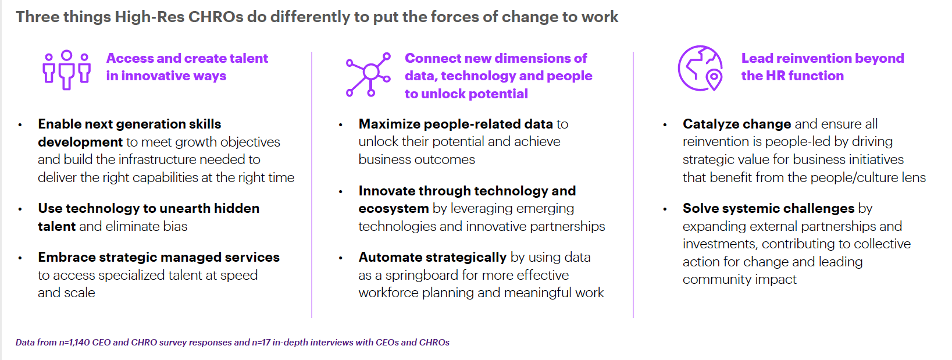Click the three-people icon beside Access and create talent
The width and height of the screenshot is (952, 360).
tap(66, 70)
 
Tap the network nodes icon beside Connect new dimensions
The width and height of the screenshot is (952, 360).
tap(368, 75)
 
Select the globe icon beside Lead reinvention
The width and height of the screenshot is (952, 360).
tap(700, 68)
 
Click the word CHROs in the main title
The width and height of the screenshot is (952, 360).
tap(216, 17)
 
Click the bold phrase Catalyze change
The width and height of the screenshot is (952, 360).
tap(736, 124)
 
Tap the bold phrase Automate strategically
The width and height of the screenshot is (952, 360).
tap(432, 257)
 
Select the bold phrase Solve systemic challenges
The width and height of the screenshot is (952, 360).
tap(768, 208)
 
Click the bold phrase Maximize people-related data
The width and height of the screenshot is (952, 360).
tap(455, 124)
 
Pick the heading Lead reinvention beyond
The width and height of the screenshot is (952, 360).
tap(822, 58)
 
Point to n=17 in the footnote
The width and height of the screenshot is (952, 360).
tap(261, 343)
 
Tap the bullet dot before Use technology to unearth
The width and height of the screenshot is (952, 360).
tap(20, 209)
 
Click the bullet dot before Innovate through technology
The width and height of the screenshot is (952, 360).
tap(340, 192)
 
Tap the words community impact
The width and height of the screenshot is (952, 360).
tap(740, 279)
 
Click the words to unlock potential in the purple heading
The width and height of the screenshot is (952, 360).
tap(466, 94)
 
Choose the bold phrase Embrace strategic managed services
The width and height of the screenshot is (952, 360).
tap(159, 257)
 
